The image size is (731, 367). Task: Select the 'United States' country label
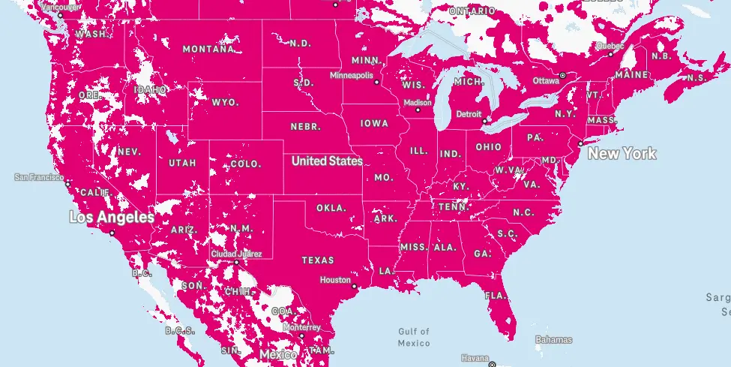(x=327, y=161)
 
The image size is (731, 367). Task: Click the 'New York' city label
(x=622, y=154)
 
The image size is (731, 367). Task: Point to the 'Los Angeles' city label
(x=111, y=218)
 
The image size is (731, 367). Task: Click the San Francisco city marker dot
(x=67, y=182)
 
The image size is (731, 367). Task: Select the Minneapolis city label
(x=351, y=76)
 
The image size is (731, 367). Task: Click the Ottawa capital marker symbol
(x=562, y=75)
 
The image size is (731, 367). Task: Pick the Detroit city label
(x=469, y=114)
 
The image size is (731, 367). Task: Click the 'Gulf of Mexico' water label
(x=413, y=337)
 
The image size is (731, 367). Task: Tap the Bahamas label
(x=553, y=340)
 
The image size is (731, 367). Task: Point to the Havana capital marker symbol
(x=492, y=364)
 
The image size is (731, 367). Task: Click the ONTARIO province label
(x=472, y=12)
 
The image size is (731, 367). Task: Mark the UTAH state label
(x=182, y=163)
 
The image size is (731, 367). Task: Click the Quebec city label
(x=610, y=45)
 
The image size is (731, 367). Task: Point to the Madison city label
(x=417, y=102)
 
